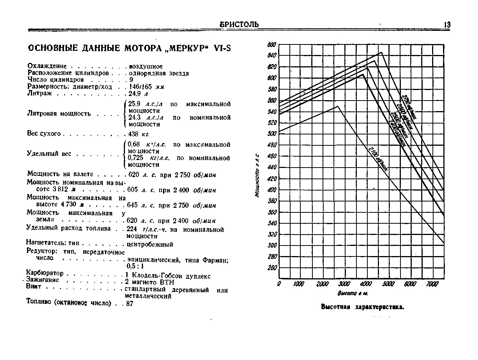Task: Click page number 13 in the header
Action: [x=447, y=25]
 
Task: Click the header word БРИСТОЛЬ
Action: [x=239, y=25]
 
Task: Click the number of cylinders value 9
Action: [x=131, y=80]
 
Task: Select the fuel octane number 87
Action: [x=129, y=303]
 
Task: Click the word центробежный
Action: [x=150, y=244]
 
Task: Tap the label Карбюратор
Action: [x=45, y=273]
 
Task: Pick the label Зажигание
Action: [x=43, y=280]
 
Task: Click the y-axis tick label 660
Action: [x=272, y=45]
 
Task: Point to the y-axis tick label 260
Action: [x=272, y=268]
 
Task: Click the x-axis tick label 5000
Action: [x=388, y=284]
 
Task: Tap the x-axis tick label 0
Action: [x=279, y=284]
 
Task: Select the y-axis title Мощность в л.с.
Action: [x=257, y=175]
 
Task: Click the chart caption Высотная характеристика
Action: [x=362, y=307]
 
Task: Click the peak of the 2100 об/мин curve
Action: [x=338, y=106]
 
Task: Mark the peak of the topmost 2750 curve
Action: [x=381, y=52]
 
